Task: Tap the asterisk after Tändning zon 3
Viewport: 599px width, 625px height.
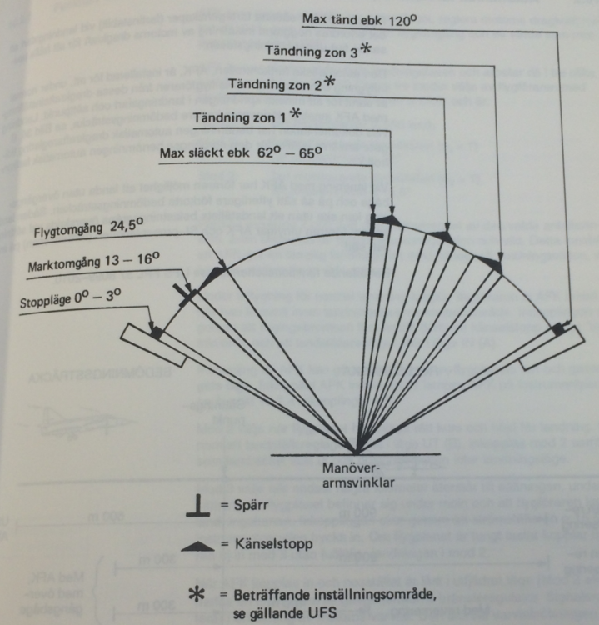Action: (365, 49)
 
